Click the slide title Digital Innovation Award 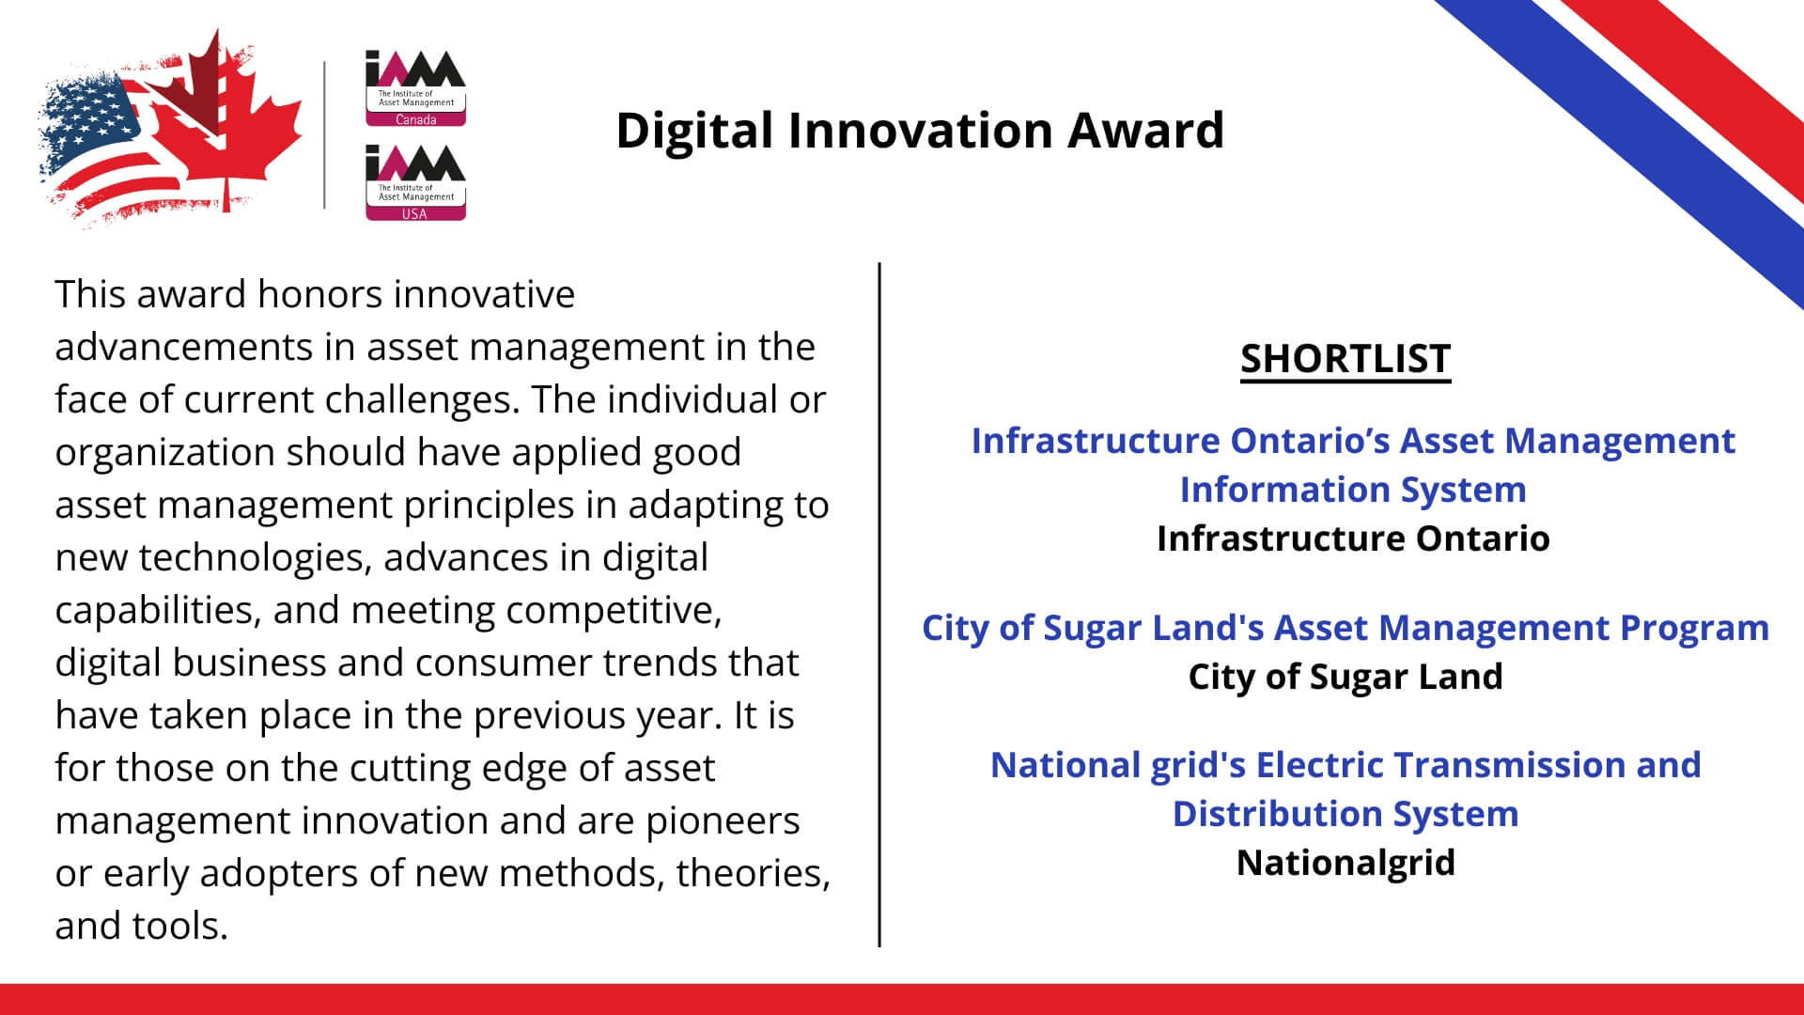click(920, 131)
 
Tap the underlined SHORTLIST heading click(1345, 360)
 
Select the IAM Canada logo click(415, 87)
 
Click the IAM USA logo click(415, 182)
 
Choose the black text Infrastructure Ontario click(1353, 539)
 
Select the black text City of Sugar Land click(1345, 677)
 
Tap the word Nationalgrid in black click(1345, 863)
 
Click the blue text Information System click(1353, 490)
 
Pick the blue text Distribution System click(1345, 814)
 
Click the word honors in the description click(319, 295)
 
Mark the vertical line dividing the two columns click(879, 604)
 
